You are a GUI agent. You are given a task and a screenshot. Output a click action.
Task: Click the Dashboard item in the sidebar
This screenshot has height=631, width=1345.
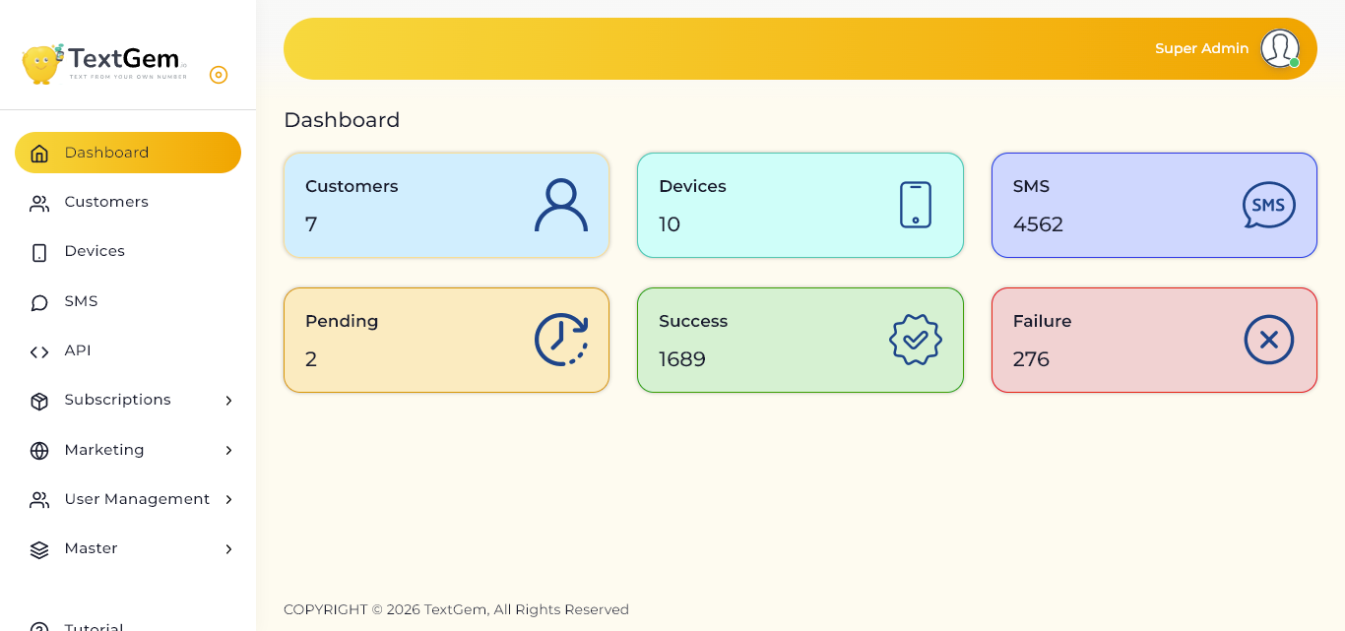click(x=128, y=153)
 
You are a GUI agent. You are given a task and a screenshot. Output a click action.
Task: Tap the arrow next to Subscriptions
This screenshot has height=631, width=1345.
click(x=228, y=401)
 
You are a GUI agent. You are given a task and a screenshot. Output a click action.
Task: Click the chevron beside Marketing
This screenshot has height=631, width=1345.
click(x=228, y=450)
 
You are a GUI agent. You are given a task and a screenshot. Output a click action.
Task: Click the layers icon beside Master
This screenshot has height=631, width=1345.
click(x=39, y=550)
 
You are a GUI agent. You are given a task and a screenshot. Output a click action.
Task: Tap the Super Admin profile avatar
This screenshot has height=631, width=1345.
click(x=1280, y=48)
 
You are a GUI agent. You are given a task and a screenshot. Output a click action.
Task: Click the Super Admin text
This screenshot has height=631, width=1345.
click(x=1201, y=48)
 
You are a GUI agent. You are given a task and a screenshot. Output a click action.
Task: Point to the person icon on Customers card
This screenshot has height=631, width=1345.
click(x=561, y=205)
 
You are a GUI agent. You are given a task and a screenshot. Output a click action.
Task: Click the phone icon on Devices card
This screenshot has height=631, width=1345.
click(x=915, y=205)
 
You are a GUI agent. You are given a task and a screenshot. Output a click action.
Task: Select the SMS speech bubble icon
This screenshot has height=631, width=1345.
click(x=1268, y=205)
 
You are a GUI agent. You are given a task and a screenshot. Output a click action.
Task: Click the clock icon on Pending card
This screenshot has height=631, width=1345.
click(x=561, y=340)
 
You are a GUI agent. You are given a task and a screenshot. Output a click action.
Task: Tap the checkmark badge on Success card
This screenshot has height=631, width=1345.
click(x=915, y=340)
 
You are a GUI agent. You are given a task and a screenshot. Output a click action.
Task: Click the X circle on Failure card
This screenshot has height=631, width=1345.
click(x=1268, y=340)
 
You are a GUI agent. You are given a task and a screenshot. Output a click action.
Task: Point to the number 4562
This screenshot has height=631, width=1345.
click(x=1038, y=224)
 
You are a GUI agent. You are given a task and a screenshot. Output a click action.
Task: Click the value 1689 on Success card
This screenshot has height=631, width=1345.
click(x=682, y=359)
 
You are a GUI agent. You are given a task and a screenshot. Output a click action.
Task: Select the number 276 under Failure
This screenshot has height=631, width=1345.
click(x=1031, y=359)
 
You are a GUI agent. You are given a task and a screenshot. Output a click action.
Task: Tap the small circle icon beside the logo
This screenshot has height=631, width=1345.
click(x=219, y=75)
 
